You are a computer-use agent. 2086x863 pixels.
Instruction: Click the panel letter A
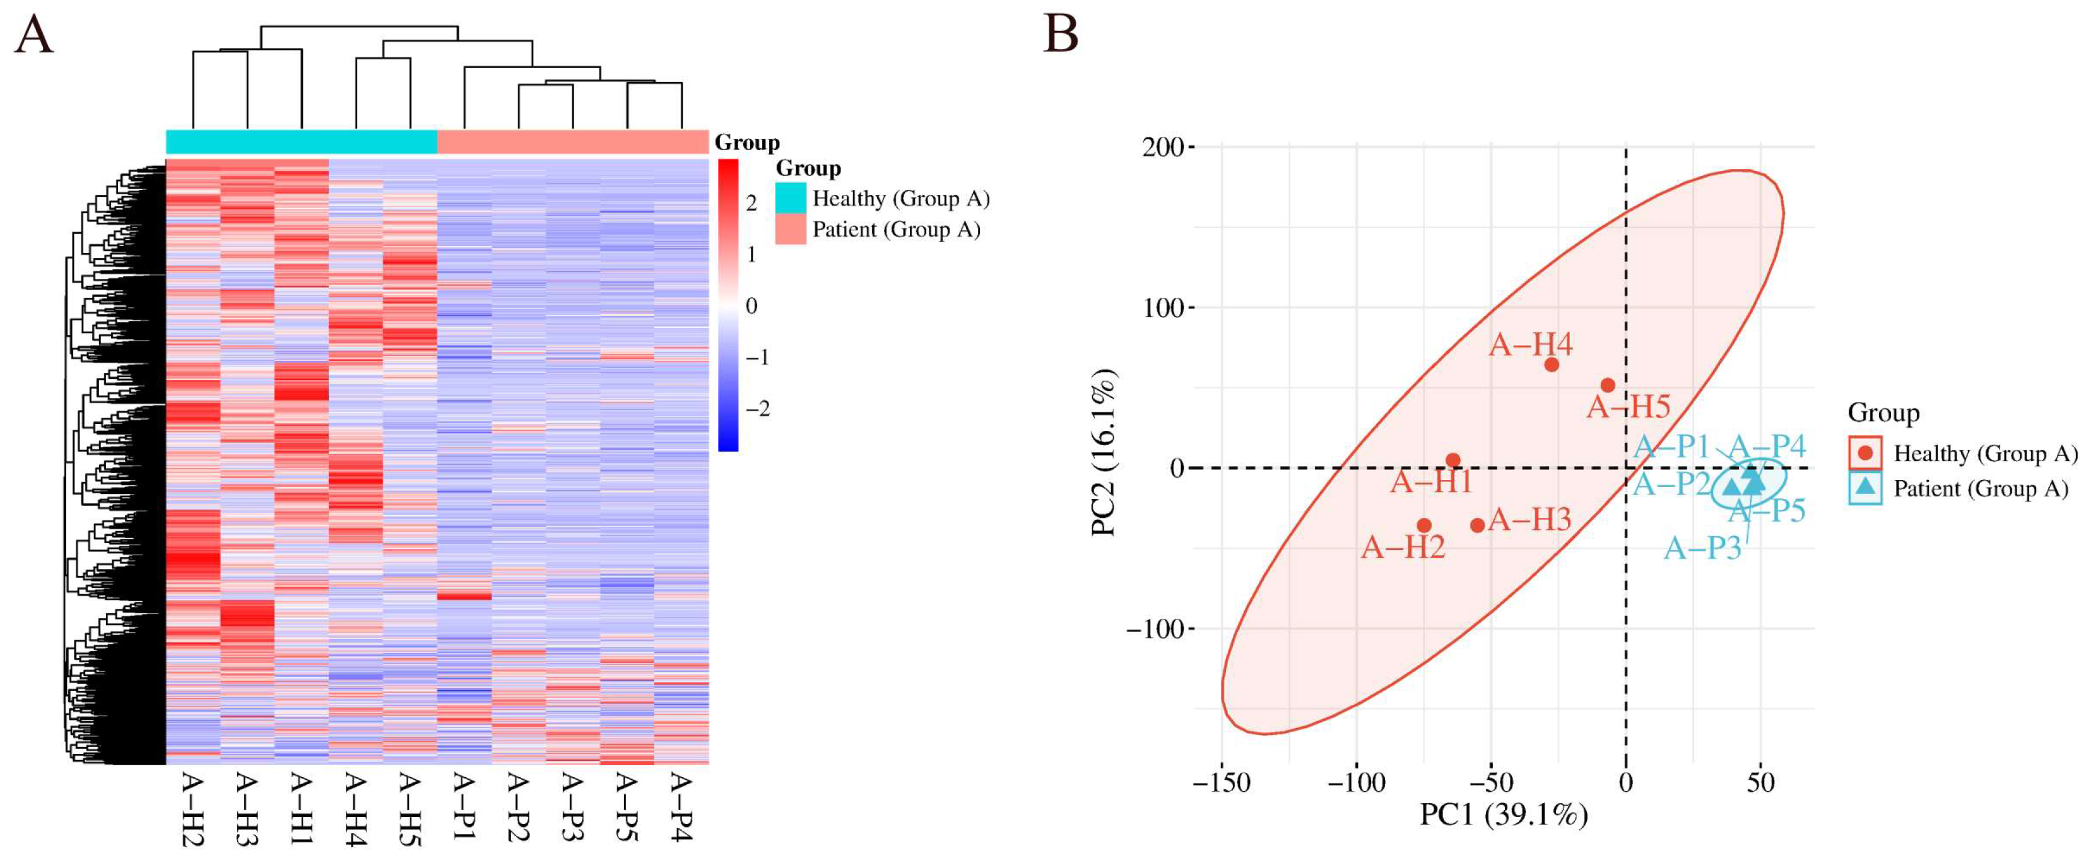coord(34,35)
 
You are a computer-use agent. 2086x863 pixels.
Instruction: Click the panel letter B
coord(1061,34)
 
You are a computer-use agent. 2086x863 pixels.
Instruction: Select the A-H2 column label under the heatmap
coord(192,809)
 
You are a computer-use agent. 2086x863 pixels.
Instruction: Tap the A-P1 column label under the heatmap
coord(463,806)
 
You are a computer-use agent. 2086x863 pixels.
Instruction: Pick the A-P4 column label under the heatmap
coord(681,807)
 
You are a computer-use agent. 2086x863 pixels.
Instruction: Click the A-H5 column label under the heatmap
coord(410,809)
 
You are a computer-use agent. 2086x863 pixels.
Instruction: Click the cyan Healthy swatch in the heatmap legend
coord(791,198)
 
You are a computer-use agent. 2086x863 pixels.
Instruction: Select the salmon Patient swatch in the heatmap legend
coord(791,229)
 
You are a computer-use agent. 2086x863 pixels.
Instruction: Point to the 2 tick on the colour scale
coord(751,203)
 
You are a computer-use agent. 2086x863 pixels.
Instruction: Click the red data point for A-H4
coord(1552,364)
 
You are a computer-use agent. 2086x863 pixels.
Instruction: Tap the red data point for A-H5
coord(1608,385)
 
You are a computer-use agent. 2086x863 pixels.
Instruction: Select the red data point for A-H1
coord(1453,461)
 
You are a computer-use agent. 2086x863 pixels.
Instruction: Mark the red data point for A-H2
coord(1424,525)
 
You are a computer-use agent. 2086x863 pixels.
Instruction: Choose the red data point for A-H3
coord(1477,525)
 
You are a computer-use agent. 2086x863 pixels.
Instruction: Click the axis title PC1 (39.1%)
coord(1504,814)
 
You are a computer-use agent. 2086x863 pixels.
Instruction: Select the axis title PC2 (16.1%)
coord(1104,452)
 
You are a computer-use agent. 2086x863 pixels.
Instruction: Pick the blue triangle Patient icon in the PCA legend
coord(1866,488)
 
